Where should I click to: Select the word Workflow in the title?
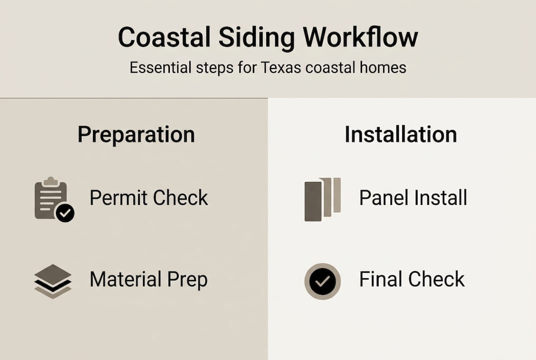coord(361,38)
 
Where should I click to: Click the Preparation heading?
coord(136,135)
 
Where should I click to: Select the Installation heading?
coord(401,135)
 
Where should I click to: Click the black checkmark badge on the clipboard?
coord(64,213)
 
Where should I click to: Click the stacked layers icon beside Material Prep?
coord(52,281)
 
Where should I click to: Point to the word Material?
coord(125,279)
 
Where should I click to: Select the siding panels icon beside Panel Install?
coord(322,198)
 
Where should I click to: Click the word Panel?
coord(383,198)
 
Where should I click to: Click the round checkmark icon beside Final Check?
coord(322,281)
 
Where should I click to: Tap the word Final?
coord(380,279)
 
